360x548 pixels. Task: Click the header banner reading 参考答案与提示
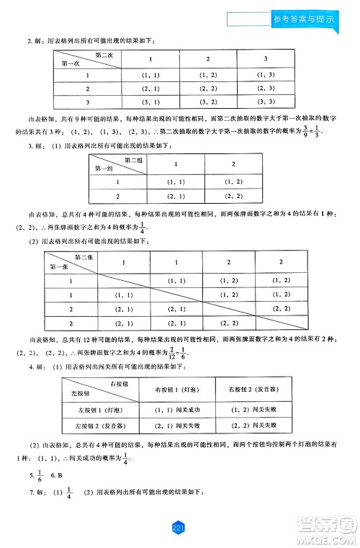pos(312,20)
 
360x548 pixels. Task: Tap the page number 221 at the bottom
pos(180,529)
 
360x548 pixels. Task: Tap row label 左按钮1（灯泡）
pos(95,410)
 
